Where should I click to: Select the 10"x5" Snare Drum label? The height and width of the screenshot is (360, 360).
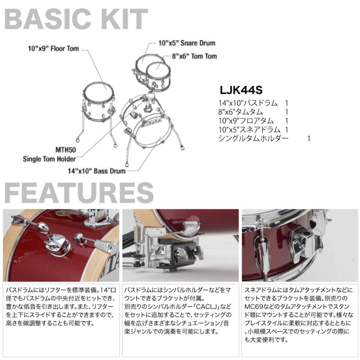[x=186, y=43]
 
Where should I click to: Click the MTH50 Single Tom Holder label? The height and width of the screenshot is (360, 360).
[x=54, y=155]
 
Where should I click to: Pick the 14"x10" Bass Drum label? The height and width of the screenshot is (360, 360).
[x=96, y=171]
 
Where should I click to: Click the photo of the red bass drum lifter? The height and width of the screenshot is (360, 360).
[x=61, y=245]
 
